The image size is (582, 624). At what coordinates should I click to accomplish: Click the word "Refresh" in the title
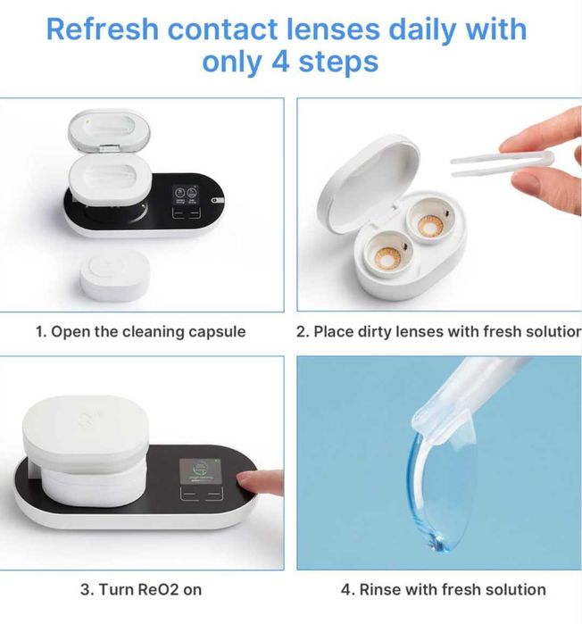tap(103, 29)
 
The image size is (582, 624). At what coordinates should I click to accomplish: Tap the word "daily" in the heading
tap(421, 29)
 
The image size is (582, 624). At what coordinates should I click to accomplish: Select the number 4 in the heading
tap(280, 62)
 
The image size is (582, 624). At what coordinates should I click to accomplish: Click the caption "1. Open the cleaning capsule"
tap(140, 331)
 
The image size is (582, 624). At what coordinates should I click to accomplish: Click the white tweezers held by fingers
tap(502, 163)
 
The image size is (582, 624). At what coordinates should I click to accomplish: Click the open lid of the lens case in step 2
tap(367, 183)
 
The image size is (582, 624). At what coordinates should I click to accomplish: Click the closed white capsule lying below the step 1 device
tap(115, 275)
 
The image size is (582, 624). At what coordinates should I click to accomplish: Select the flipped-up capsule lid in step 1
tap(109, 129)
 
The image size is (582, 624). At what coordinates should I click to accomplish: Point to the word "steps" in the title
tap(338, 62)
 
